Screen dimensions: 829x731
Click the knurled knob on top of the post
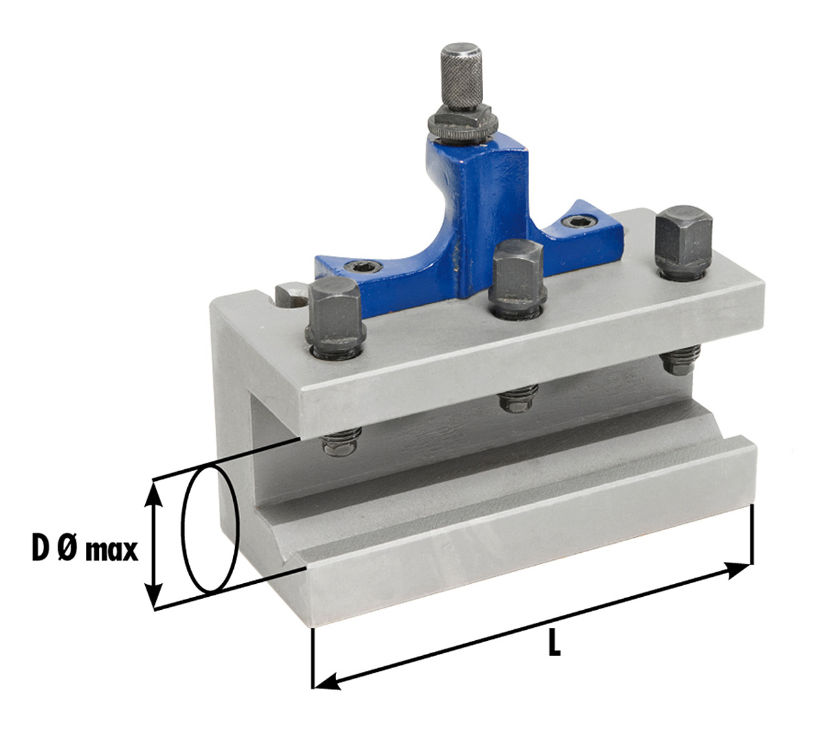pyautogui.click(x=461, y=76)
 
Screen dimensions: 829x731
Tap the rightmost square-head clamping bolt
pyautogui.click(x=683, y=243)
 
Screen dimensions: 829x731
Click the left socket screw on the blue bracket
pyautogui.click(x=363, y=267)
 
